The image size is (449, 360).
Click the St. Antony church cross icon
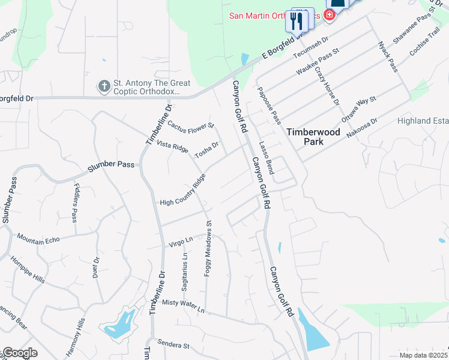[x=104, y=86]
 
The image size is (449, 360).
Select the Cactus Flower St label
[x=190, y=126]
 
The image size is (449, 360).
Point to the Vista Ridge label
[x=172, y=146]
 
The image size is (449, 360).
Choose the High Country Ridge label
[x=183, y=191]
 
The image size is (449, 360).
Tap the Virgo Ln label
[x=179, y=242]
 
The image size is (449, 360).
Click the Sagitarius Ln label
[x=185, y=263]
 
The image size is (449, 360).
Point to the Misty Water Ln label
[x=183, y=306]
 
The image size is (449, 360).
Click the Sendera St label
[x=173, y=344]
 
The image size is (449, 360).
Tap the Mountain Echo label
[x=38, y=239]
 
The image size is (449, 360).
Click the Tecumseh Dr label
[x=311, y=49]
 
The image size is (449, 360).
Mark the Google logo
[x=19, y=353]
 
